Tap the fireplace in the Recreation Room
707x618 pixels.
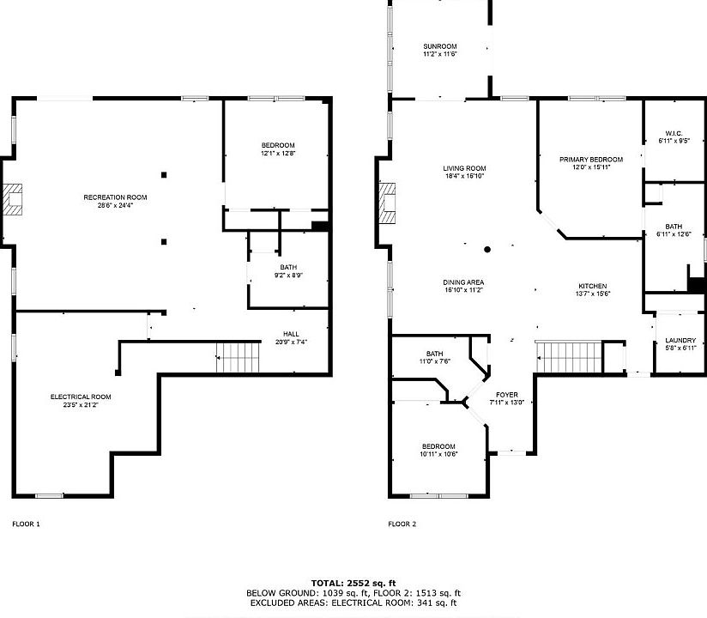coord(15,199)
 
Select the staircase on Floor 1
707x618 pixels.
coord(238,356)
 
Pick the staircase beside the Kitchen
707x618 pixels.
coord(569,356)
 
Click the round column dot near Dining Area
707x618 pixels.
coord(487,250)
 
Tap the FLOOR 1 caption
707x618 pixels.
coord(26,524)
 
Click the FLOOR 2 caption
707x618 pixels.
coord(402,524)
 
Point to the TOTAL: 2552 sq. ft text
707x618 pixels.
coord(353,582)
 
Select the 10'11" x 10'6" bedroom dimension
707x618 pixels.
coord(438,454)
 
